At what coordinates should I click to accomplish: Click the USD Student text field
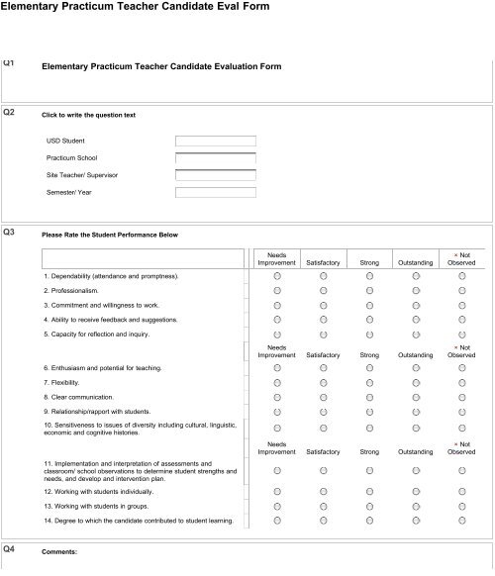pos(215,141)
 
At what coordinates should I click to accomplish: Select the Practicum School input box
pos(215,157)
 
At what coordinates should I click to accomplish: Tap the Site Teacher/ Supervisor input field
pos(215,175)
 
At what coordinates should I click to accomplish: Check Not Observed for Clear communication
pos(461,397)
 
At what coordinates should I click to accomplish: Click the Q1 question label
pos(9,62)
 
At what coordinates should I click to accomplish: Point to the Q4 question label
pos(9,547)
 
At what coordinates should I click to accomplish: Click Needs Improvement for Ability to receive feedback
pos(277,321)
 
